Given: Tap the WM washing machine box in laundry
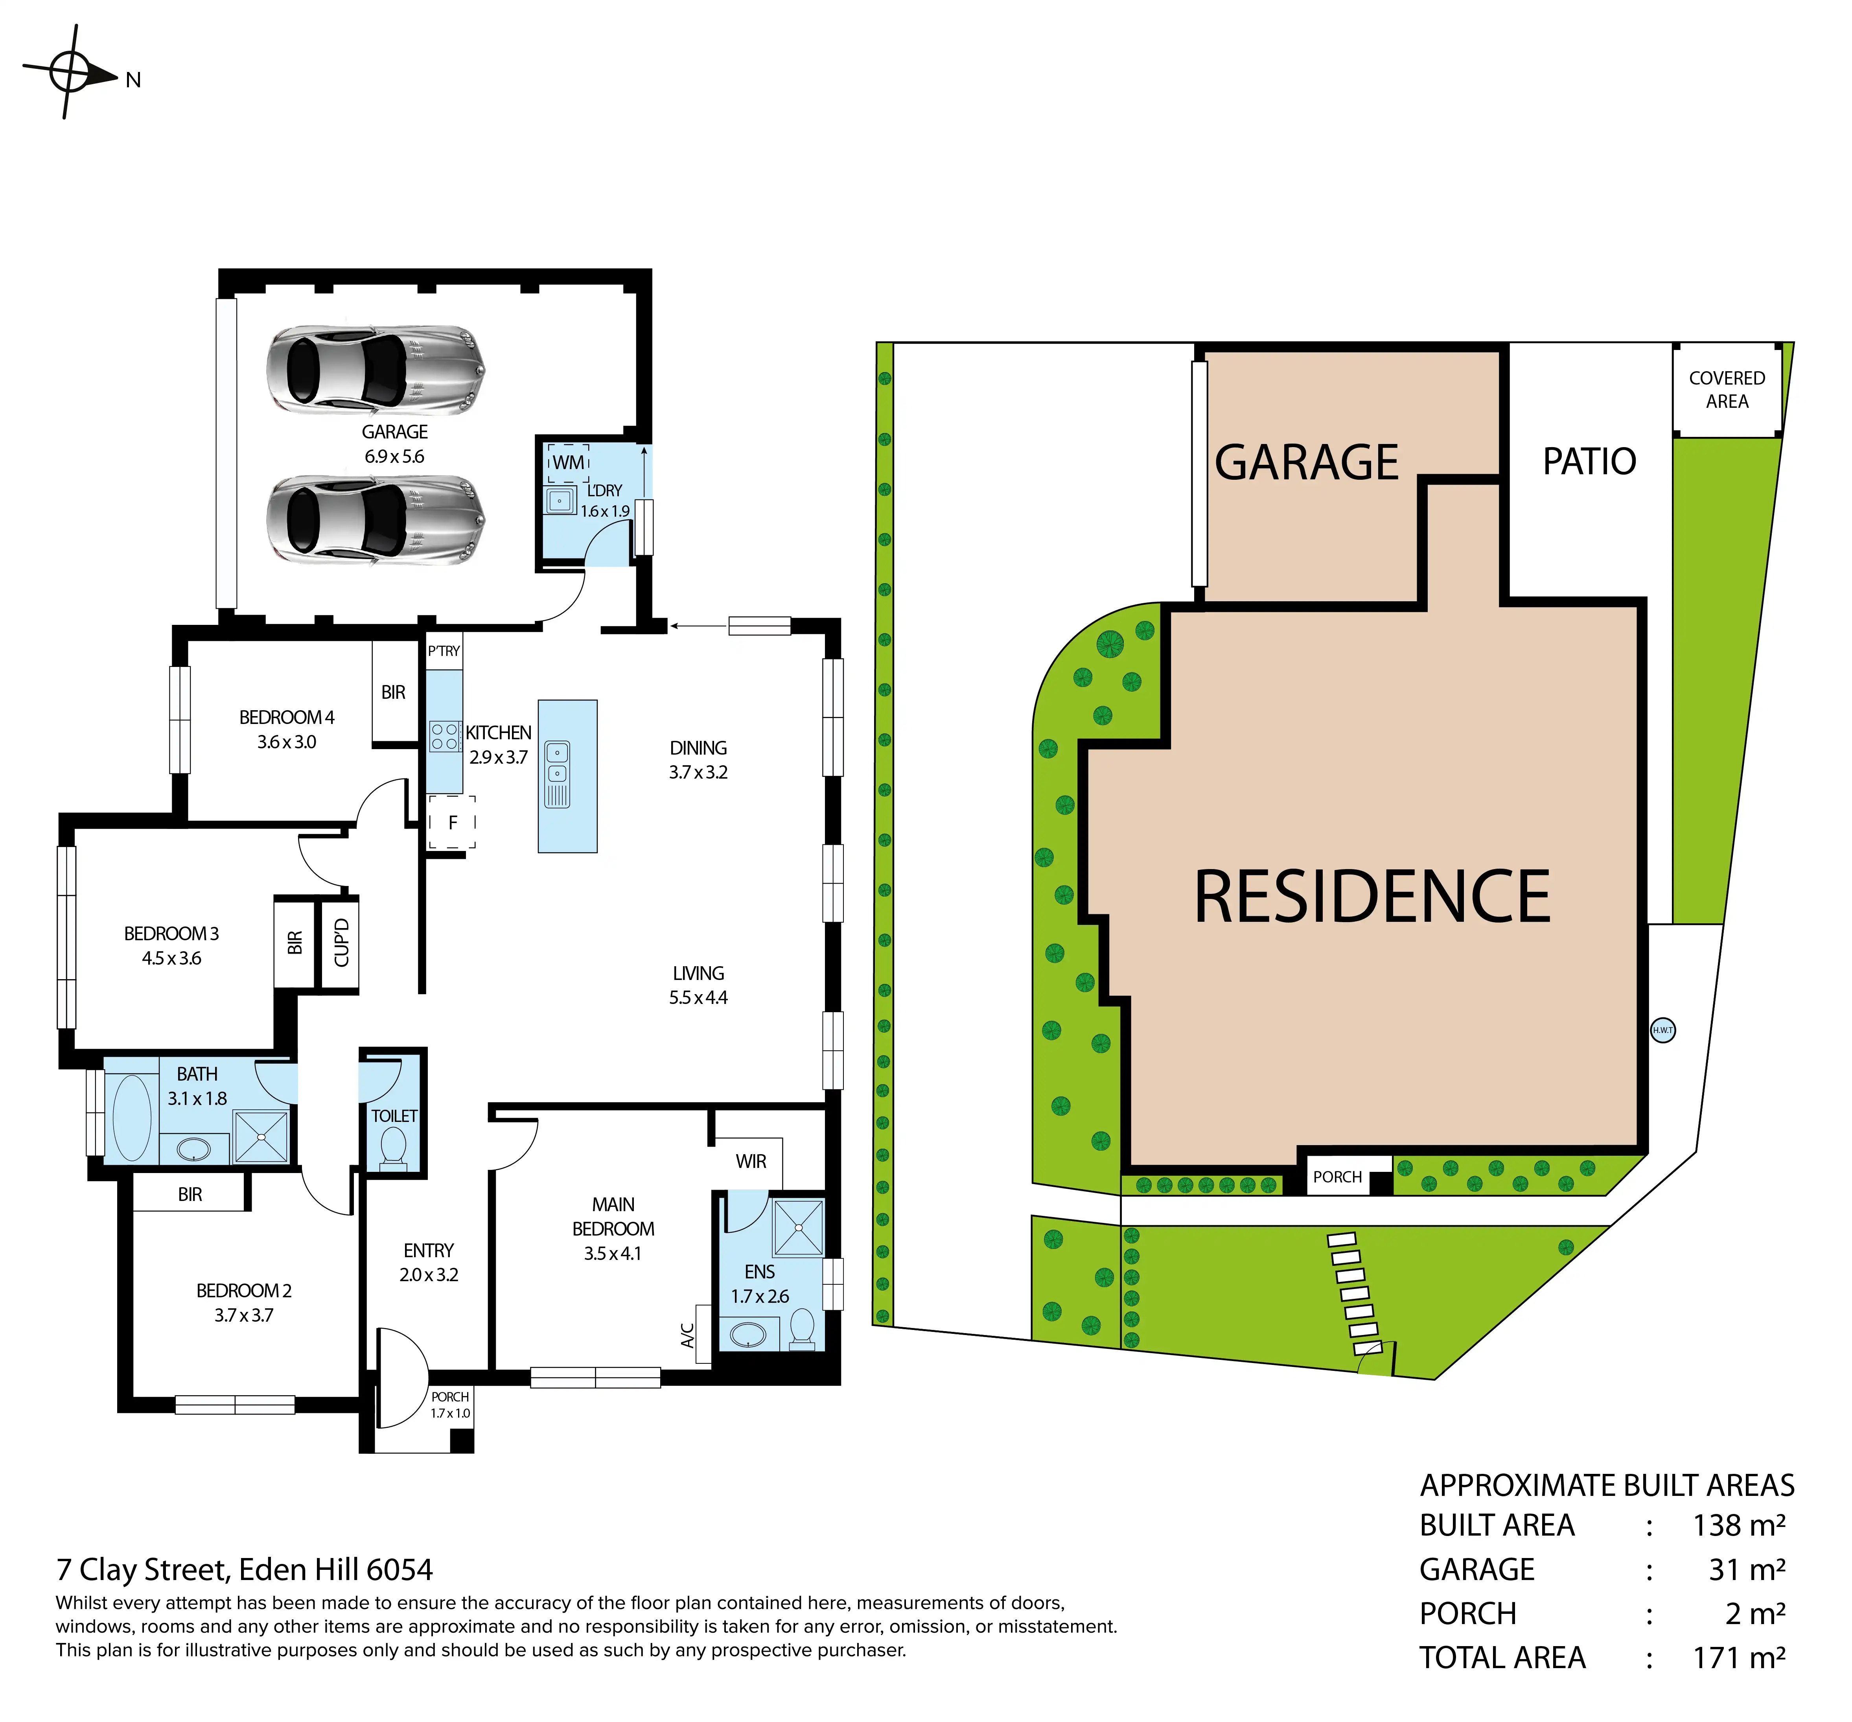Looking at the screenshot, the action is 568,462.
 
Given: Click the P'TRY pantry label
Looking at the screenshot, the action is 444,650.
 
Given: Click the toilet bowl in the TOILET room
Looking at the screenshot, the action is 393,1146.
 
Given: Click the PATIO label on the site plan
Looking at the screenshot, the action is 1589,461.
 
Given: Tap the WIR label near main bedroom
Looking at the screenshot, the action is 751,1161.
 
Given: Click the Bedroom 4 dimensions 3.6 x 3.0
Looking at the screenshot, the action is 287,742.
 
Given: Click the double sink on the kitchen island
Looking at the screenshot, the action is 557,774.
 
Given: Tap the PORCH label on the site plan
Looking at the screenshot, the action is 1338,1177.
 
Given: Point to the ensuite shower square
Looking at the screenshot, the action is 799,1228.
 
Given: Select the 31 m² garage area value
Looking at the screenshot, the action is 1747,1569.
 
